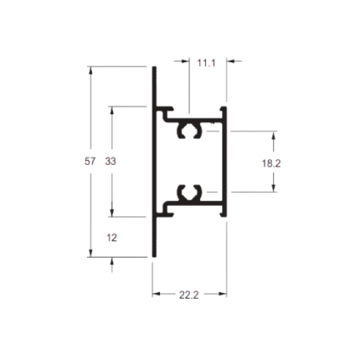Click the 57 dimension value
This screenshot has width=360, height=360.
click(x=90, y=161)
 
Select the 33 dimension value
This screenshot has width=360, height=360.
click(x=111, y=161)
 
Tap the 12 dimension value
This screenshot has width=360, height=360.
click(x=111, y=238)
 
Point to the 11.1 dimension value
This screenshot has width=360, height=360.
click(x=207, y=63)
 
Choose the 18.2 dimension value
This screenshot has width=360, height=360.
click(x=271, y=163)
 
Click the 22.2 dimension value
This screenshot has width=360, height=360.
click(x=189, y=295)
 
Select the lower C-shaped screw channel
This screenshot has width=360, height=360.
click(x=189, y=193)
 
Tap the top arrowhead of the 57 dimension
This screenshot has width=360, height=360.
click(x=90, y=70)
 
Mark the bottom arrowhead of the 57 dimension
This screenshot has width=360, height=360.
click(x=90, y=253)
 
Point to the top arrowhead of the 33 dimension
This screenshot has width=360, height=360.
click(x=112, y=111)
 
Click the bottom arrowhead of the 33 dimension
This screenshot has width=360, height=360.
click(x=112, y=213)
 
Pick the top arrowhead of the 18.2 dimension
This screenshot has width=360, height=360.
click(x=274, y=135)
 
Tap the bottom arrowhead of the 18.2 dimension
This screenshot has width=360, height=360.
click(x=274, y=188)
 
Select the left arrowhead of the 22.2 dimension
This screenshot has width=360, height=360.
click(x=157, y=294)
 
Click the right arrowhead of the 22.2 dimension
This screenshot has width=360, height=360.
click(x=223, y=294)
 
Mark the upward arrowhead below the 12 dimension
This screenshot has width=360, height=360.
click(x=112, y=261)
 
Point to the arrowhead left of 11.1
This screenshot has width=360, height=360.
click(x=185, y=61)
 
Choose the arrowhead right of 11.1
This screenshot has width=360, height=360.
click(x=230, y=61)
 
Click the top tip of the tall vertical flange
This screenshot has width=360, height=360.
click(x=154, y=67)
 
